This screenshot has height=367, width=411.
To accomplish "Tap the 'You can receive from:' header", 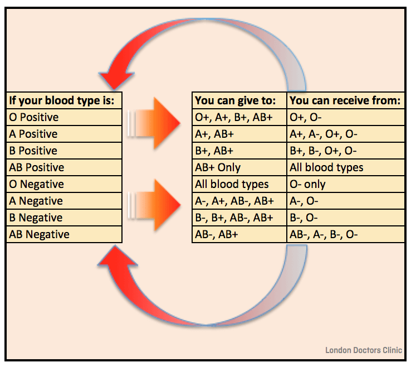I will (x=345, y=101).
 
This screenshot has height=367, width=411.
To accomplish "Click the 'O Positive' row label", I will (x=34, y=118).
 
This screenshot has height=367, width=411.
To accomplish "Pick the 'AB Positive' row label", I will (x=37, y=168).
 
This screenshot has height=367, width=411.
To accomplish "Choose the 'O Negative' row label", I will (x=37, y=185).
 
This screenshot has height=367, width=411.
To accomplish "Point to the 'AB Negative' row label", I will (x=40, y=235).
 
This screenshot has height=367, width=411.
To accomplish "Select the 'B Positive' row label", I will (x=33, y=151).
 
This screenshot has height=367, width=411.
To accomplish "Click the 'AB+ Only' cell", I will (x=218, y=168).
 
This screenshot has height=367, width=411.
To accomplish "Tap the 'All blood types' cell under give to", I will (x=232, y=185).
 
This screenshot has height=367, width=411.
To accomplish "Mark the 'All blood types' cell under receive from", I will (x=326, y=168).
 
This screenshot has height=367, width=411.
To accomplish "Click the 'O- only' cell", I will (x=307, y=185).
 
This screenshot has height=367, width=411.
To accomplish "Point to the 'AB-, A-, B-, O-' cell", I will (x=324, y=235).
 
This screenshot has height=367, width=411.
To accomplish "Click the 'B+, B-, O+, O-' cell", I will (x=324, y=151).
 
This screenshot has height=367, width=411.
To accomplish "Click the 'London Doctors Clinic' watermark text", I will (x=363, y=350).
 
